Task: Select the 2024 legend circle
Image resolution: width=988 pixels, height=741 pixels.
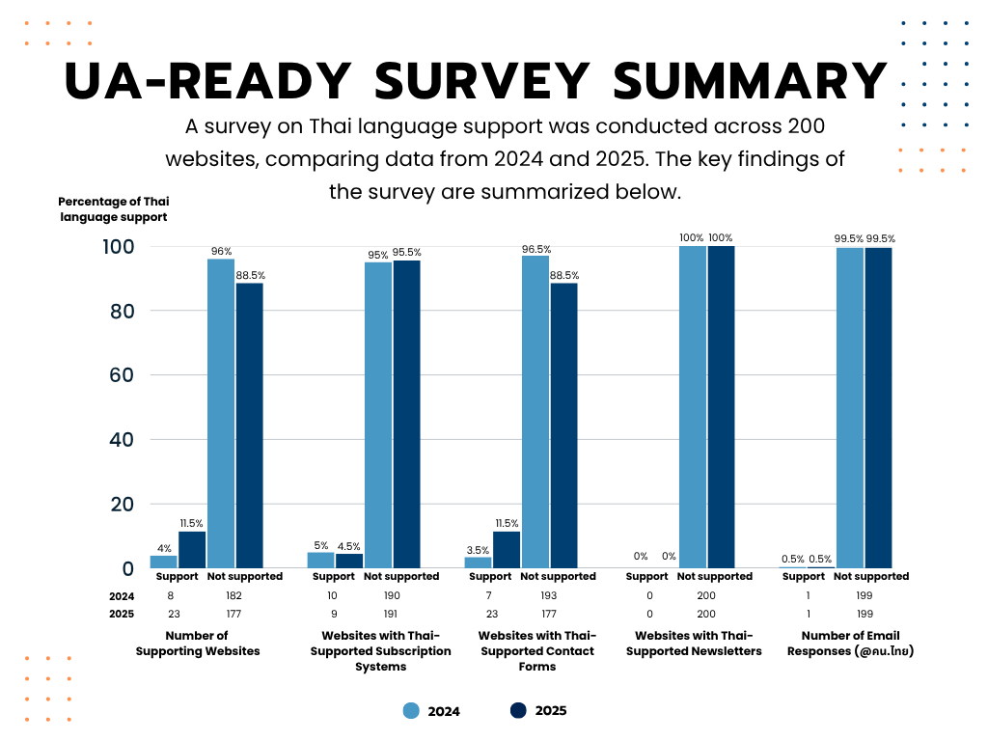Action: [x=412, y=711]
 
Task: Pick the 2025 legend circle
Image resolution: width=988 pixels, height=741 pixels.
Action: [x=518, y=710]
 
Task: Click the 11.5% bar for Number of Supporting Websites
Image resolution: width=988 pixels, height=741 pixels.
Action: [x=192, y=549]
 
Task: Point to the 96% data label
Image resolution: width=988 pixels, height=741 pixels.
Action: [x=221, y=251]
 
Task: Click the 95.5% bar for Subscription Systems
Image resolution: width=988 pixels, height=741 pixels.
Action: [x=406, y=414]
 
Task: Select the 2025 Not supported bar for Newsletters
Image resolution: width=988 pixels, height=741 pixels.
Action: [x=721, y=406]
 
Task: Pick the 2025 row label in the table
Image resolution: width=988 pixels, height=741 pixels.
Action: [x=122, y=614]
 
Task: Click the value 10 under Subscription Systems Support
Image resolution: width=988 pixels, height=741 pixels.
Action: [x=334, y=595]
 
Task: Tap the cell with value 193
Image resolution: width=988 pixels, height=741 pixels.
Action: [x=548, y=595]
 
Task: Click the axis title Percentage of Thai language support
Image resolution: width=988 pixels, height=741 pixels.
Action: [x=113, y=208]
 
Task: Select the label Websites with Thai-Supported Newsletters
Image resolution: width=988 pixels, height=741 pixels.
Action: [x=694, y=643]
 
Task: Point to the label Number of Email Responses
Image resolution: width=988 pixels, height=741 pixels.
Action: [x=851, y=643]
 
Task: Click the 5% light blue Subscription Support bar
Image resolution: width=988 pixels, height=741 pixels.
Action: [x=321, y=560]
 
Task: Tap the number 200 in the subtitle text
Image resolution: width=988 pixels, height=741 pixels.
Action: [x=806, y=126]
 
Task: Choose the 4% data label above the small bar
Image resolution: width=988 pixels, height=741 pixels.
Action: [x=164, y=548]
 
